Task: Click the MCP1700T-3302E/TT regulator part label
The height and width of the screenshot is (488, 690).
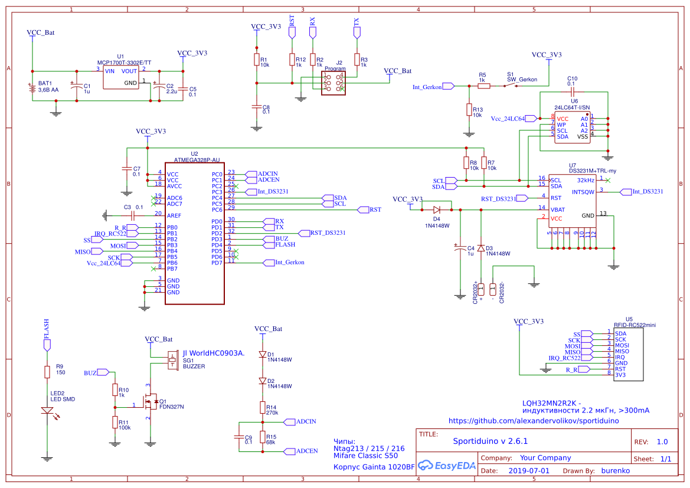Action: tap(124, 62)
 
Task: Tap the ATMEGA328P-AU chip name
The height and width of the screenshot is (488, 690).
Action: tap(197, 160)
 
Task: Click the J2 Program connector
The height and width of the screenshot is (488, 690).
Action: tap(333, 82)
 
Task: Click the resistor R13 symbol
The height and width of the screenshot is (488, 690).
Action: tap(469, 110)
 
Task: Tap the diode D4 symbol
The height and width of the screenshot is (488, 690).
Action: tap(437, 209)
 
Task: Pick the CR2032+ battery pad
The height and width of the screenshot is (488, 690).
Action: tap(481, 289)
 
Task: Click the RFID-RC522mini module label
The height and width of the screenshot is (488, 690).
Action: tap(635, 325)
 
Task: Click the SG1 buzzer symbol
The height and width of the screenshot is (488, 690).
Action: tap(173, 359)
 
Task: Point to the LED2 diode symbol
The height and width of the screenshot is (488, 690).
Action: tap(47, 411)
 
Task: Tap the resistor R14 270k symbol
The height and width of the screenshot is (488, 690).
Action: tap(263, 407)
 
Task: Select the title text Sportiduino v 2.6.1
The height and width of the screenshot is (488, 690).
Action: tap(490, 441)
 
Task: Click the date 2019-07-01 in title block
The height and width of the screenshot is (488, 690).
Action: tap(528, 471)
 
